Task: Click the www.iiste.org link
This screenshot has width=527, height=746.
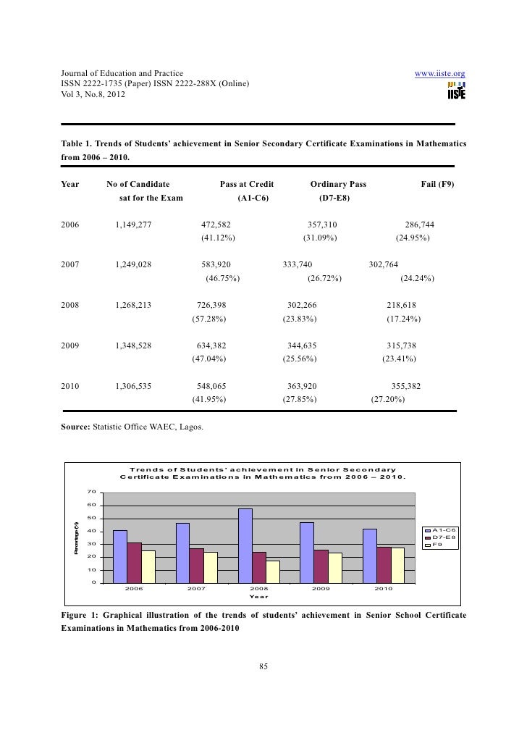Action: click(439, 74)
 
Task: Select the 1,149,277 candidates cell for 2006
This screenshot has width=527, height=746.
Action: click(133, 225)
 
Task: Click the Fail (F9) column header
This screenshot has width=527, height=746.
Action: click(437, 185)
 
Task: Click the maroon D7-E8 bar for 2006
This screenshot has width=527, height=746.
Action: click(134, 563)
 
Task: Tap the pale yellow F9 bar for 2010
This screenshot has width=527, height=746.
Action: click(397, 565)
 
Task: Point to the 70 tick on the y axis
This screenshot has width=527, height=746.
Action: click(91, 493)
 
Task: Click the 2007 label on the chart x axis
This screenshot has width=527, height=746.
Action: click(196, 589)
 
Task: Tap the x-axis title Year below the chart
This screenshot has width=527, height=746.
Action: click(258, 597)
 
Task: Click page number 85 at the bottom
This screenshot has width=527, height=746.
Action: click(263, 667)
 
